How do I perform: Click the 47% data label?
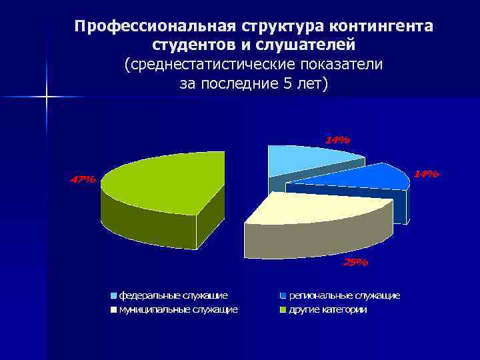click(x=83, y=179)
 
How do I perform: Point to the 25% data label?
click(x=355, y=262)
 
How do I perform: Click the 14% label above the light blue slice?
click(x=337, y=140)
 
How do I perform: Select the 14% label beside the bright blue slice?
click(x=426, y=173)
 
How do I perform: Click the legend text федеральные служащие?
click(x=173, y=295)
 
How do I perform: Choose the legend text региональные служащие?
click(x=344, y=295)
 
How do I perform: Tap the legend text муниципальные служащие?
click(x=178, y=309)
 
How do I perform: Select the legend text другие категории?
click(x=327, y=309)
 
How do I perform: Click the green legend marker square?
click(x=283, y=310)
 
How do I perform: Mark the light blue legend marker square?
click(x=114, y=295)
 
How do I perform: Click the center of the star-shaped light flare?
click(x=47, y=97)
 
